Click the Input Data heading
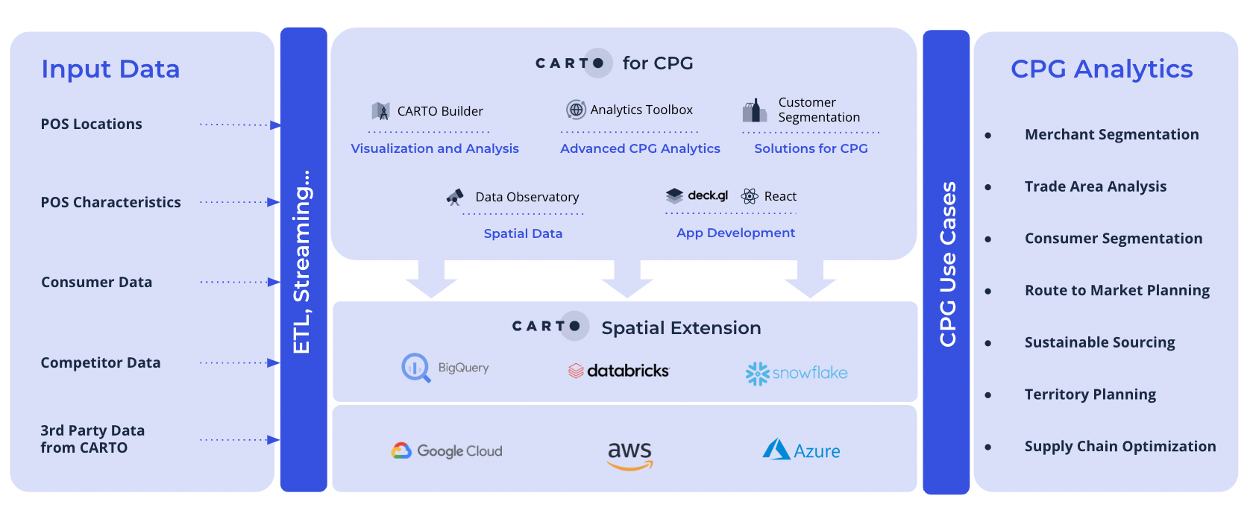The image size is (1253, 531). pyautogui.click(x=110, y=69)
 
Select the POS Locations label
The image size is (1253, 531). pyautogui.click(x=91, y=125)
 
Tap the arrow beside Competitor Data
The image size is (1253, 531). pyautogui.click(x=273, y=363)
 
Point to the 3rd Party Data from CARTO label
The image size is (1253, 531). pyautogui.click(x=92, y=439)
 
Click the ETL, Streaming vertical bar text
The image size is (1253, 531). pyautogui.click(x=302, y=261)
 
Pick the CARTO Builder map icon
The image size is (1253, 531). pyautogui.click(x=381, y=112)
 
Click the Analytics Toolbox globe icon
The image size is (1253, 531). pyautogui.click(x=576, y=110)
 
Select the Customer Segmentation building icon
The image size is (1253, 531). pyautogui.click(x=755, y=110)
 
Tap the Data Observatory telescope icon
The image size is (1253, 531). pyautogui.click(x=455, y=197)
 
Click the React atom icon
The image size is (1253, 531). pyautogui.click(x=750, y=196)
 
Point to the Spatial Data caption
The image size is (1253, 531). pyautogui.click(x=523, y=233)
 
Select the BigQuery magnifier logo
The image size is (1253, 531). pyautogui.click(x=415, y=368)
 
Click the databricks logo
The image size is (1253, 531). pyautogui.click(x=619, y=371)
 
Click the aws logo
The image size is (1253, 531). pyautogui.click(x=629, y=454)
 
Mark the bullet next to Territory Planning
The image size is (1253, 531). pyautogui.click(x=988, y=395)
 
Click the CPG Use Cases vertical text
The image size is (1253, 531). pyautogui.click(x=947, y=264)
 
